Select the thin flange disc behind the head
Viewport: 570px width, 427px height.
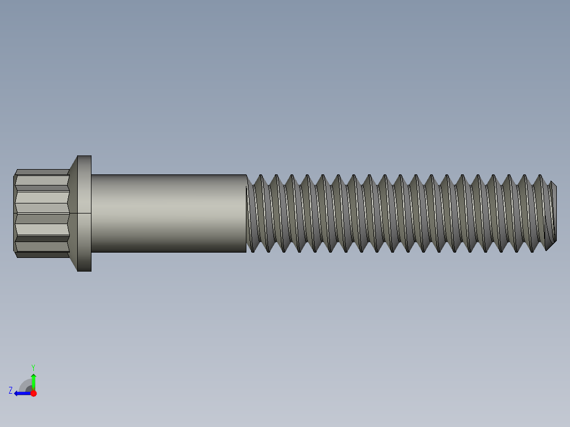coord(85,213)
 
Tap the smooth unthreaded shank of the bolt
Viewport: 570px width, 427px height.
coord(168,213)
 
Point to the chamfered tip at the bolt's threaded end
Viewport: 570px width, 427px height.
coord(553,213)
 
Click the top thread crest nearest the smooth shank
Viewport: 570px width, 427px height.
coord(260,178)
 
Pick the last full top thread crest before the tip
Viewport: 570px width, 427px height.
coord(540,178)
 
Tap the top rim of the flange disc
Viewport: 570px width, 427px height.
coord(85,157)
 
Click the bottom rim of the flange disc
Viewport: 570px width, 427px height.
coord(85,270)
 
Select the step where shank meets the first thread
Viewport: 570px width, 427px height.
coord(247,213)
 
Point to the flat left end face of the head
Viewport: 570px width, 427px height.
coord(14,213)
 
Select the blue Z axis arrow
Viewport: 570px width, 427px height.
coord(22,393)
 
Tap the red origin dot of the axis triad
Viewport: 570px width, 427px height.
coord(33,393)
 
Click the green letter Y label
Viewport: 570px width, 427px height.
coord(33,367)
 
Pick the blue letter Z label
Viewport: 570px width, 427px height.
coord(11,391)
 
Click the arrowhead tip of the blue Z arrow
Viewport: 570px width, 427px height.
coord(15,393)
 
